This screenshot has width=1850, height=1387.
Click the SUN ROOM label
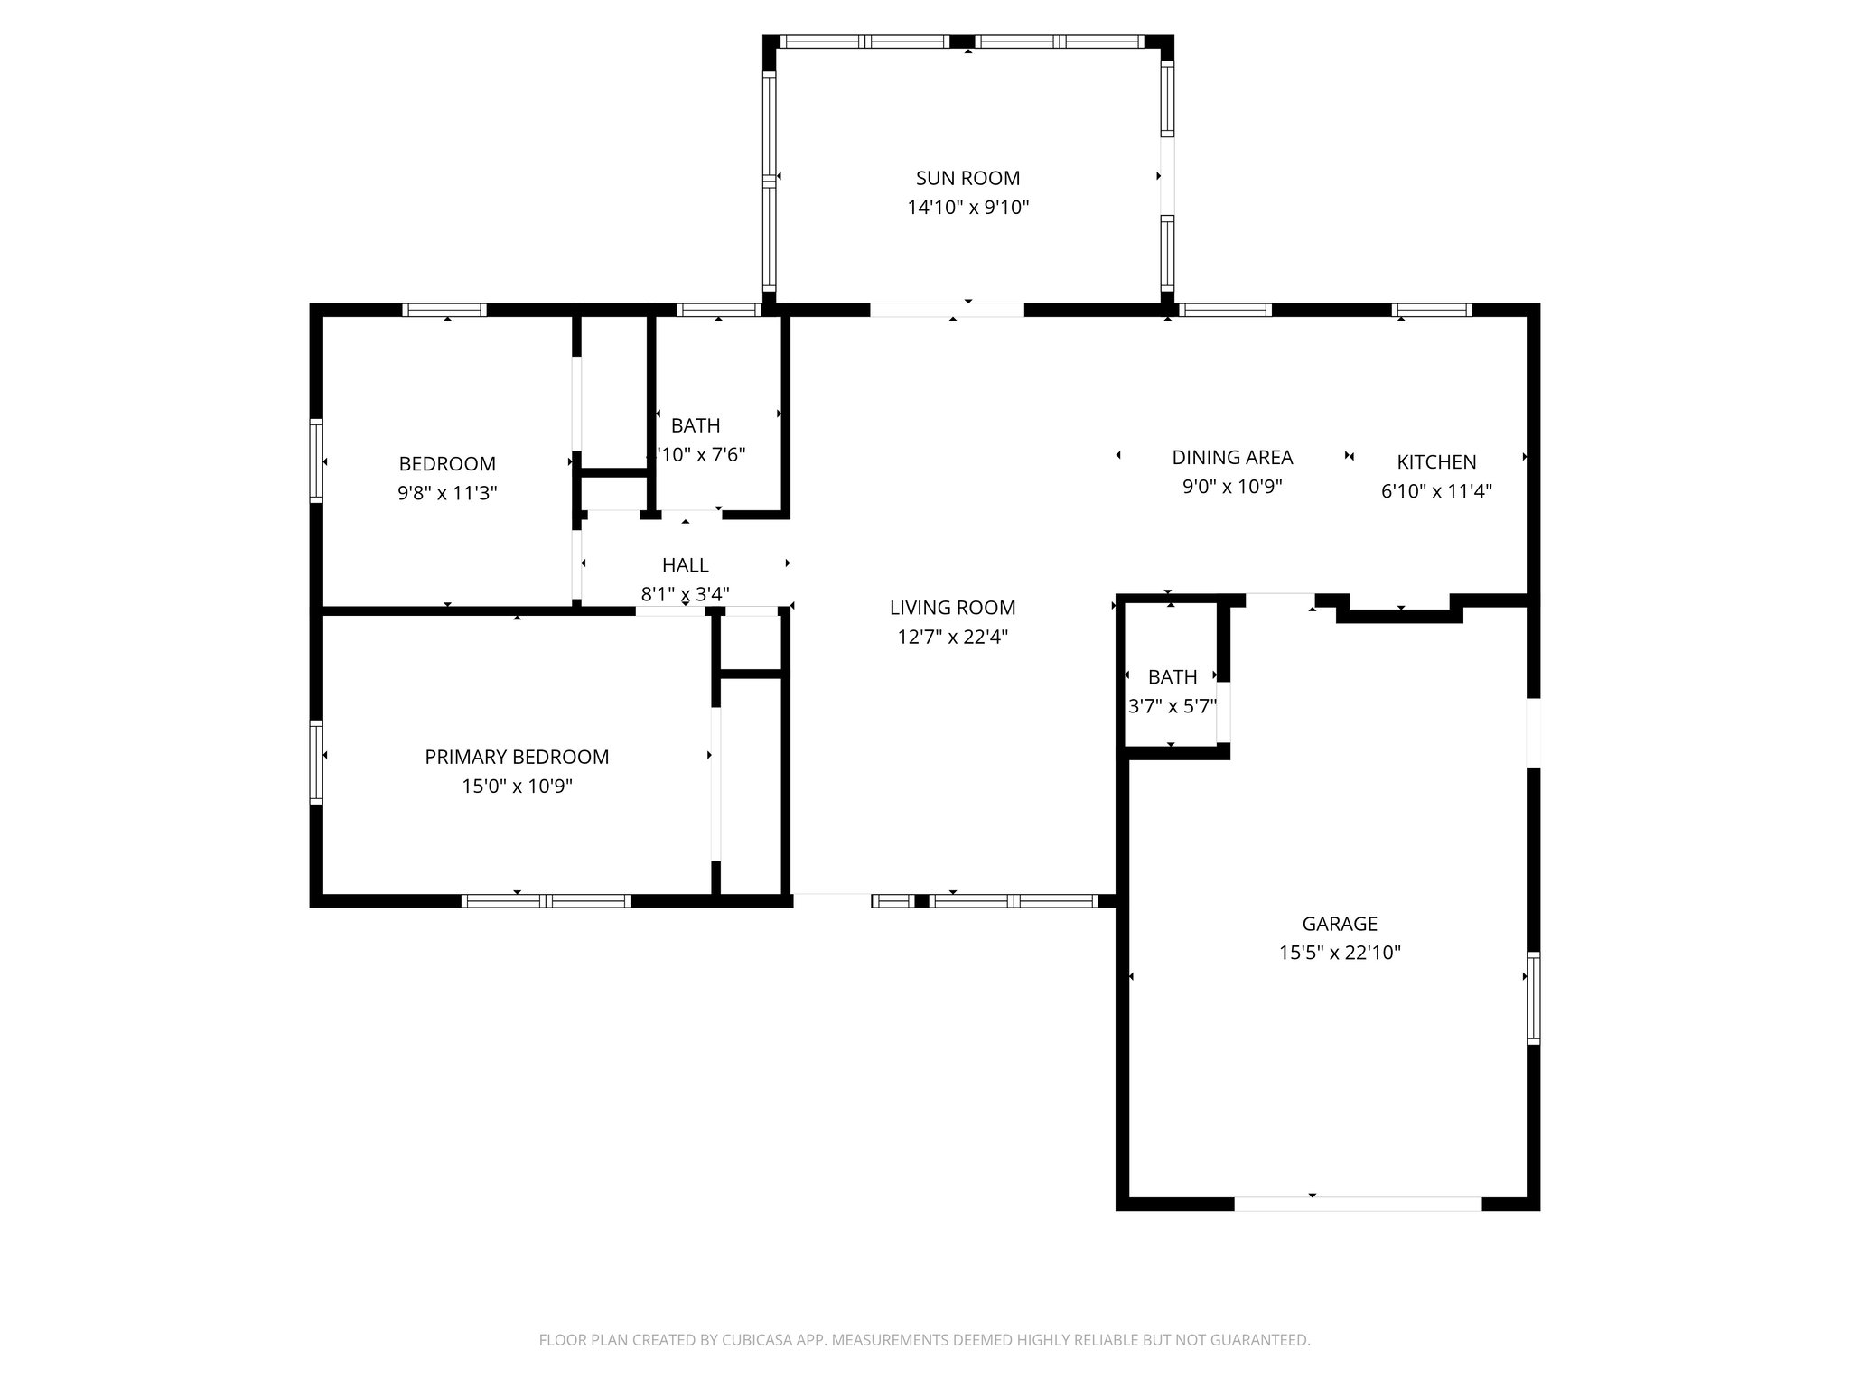pos(967,178)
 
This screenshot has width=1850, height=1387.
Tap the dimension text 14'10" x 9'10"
pos(967,208)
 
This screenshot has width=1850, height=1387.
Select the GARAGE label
pos(1339,923)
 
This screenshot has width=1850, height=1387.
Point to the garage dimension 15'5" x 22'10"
pos(1339,952)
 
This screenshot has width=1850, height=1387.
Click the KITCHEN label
pos(1436,461)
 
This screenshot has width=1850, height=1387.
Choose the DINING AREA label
pos(1232,457)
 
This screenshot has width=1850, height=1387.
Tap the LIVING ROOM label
pos(952,608)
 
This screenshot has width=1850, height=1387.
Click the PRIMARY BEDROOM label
pos(517,757)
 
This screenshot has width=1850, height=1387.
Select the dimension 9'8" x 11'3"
pos(447,493)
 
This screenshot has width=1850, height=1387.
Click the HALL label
pos(685,565)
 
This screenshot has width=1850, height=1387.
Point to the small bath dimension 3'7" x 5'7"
pos(1172,706)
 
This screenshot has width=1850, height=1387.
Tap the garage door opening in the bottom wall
pos(1357,1203)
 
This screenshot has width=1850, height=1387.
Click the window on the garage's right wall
pos(1533,997)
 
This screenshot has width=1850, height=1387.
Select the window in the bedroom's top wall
pos(444,310)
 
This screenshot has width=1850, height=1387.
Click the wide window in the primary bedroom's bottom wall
pos(546,900)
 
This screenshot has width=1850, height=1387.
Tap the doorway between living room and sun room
pos(947,310)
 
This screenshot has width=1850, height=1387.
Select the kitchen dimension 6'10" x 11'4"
pos(1436,491)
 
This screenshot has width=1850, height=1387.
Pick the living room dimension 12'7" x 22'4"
pos(952,637)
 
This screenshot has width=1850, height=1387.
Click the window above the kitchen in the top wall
pos(1432,310)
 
